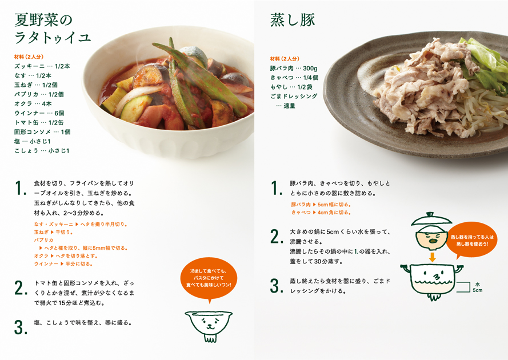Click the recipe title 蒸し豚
point(293,20)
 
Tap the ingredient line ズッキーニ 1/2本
point(42,66)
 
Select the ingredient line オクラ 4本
point(33,103)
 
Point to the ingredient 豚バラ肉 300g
point(294,68)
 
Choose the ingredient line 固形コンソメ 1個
point(42,132)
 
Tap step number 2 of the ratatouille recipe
point(21,288)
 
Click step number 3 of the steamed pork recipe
point(277,286)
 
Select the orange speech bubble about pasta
point(209,279)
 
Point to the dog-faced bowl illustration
point(209,326)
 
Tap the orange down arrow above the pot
point(432,257)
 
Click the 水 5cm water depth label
point(477,287)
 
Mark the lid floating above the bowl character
point(431,219)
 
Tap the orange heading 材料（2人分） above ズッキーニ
point(29,57)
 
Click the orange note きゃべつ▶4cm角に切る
point(321,213)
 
